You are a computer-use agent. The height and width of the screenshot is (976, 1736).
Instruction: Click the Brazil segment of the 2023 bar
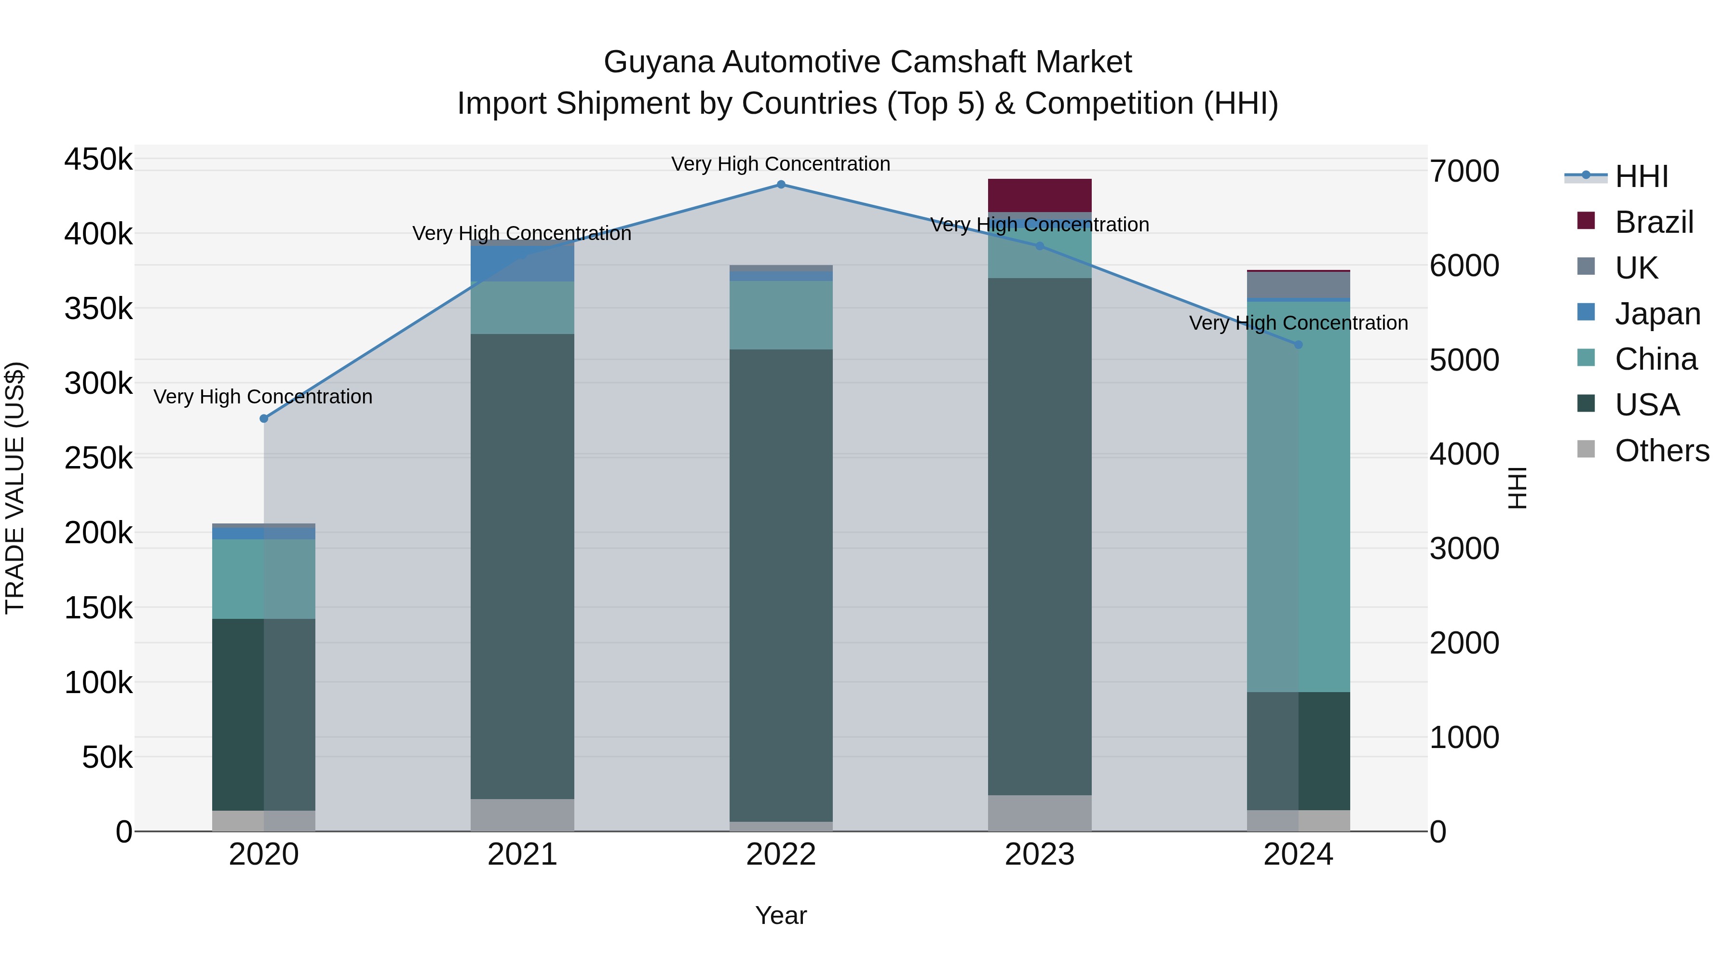1039,195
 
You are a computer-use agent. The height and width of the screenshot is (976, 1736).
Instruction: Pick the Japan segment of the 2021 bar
522,264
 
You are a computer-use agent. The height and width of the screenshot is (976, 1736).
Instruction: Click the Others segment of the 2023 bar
1039,813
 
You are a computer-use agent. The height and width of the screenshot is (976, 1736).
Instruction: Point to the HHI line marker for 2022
781,185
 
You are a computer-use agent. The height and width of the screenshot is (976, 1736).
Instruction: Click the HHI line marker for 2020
264,419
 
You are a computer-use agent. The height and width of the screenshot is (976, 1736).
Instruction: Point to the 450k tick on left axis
98,160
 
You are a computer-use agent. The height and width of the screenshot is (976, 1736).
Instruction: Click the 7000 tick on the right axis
1464,171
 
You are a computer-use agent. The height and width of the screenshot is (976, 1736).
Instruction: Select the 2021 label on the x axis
522,855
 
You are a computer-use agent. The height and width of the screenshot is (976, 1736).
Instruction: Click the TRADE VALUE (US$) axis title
15,488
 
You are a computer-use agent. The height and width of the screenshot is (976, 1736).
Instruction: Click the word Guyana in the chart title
658,62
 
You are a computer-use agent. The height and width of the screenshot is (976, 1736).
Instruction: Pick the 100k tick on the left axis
98,683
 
